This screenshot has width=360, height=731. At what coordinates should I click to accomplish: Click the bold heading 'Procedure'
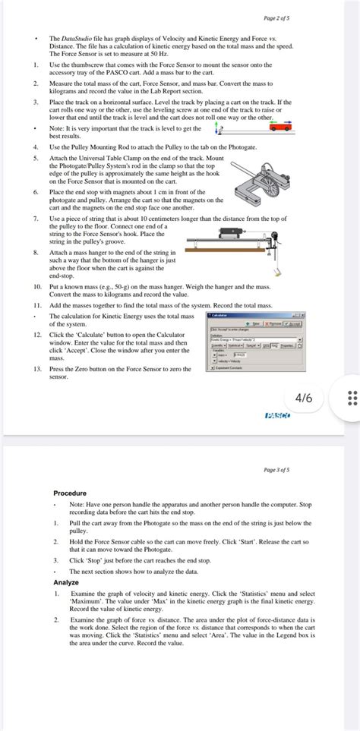(70, 493)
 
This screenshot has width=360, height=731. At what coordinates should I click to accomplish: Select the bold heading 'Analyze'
(65, 582)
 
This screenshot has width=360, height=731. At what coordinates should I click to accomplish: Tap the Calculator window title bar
(254, 314)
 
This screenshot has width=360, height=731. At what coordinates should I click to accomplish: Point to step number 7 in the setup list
(36, 218)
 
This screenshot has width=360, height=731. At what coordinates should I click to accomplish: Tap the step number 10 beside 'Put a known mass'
(37, 287)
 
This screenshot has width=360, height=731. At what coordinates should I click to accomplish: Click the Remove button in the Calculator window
(272, 323)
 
